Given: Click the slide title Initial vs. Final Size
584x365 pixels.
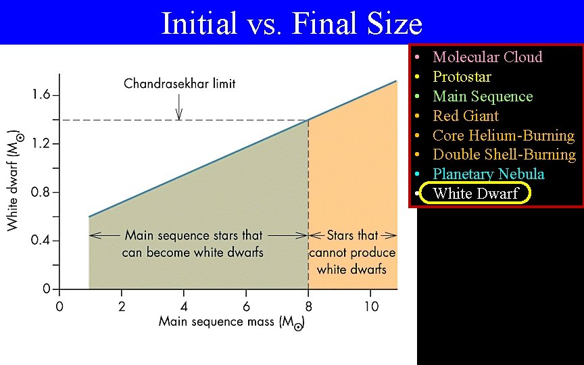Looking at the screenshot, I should (291, 24).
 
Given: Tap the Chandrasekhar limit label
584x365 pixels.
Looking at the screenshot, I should (180, 84).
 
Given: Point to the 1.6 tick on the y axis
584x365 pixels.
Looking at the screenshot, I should (41, 95).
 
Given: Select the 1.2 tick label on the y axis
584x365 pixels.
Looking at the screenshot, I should (41, 144).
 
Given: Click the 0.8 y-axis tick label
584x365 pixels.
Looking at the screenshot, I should (41, 193).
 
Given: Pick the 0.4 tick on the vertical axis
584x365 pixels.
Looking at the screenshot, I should (41, 241).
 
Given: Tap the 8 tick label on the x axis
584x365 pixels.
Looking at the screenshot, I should (309, 306).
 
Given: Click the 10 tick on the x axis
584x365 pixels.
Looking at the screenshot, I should (371, 306).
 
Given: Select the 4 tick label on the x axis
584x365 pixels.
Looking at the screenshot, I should (184, 306).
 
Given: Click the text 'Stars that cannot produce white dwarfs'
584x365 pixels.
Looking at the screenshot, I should (352, 252).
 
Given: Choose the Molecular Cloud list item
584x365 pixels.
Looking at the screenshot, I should (487, 57).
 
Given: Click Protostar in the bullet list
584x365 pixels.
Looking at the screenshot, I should (462, 76).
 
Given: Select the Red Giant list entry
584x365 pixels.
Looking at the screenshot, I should (466, 116).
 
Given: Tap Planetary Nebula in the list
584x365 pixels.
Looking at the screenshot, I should (488, 174).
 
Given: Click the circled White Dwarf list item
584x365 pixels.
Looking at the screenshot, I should (475, 193).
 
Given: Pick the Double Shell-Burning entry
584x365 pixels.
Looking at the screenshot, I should (504, 154).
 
